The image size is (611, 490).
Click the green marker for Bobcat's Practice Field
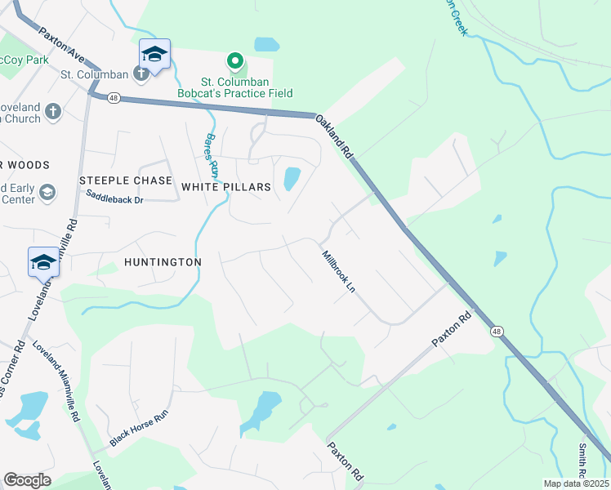[235, 61]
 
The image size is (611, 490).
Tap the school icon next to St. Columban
[154, 55]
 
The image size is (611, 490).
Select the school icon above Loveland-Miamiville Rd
[43, 262]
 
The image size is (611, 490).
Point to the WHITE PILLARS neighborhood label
[225, 187]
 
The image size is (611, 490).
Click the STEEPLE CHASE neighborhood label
[126, 180]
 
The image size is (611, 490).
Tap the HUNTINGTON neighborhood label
[163, 262]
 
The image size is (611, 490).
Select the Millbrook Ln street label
[340, 273]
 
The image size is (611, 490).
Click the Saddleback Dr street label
[114, 197]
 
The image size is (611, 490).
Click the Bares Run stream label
[212, 155]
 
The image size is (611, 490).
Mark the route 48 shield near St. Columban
[114, 98]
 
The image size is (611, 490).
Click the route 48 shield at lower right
[496, 332]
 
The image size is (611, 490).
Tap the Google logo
[27, 479]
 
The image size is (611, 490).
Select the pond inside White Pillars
[291, 178]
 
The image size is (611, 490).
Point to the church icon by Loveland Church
[53, 112]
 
